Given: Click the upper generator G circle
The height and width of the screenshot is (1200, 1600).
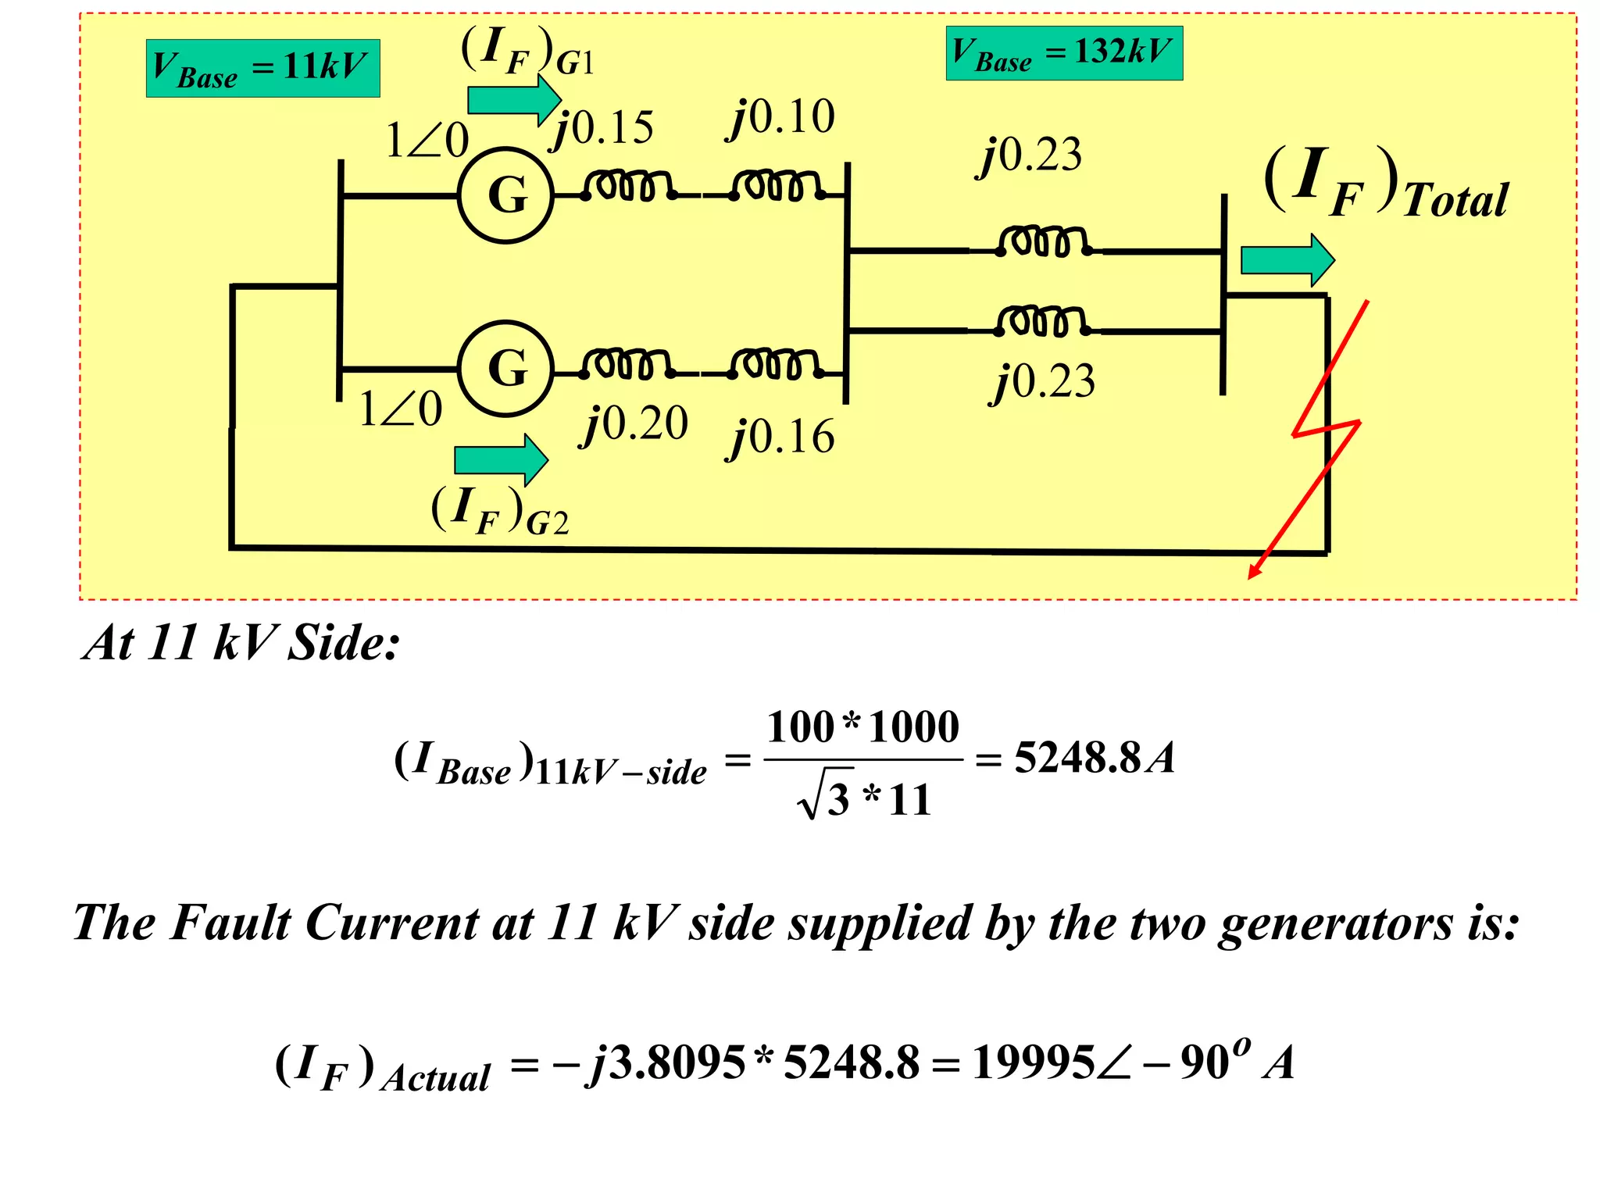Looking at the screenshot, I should [x=506, y=195].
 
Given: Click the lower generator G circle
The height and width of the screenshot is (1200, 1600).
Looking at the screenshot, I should [x=506, y=369].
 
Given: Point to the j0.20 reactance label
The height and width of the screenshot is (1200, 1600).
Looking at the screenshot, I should [x=634, y=424].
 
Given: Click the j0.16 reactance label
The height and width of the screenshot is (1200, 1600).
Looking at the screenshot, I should [x=781, y=437].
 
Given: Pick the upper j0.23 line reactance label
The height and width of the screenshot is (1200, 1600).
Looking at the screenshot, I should [x=1031, y=155].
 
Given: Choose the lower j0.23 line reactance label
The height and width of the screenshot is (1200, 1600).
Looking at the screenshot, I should [x=1044, y=382].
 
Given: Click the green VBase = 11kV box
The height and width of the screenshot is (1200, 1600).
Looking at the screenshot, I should [x=262, y=68].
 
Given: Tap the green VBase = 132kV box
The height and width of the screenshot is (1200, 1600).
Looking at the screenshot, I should [x=1064, y=53].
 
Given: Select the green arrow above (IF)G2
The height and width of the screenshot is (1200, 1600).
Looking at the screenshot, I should [x=501, y=460].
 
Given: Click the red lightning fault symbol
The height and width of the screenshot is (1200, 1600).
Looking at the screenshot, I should [x=1325, y=430].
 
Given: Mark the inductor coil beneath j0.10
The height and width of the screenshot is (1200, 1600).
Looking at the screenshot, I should [x=777, y=186].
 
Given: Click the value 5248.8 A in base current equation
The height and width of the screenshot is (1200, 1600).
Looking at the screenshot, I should [x=1094, y=758].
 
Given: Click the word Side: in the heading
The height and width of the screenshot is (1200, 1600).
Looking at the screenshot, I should [x=343, y=644].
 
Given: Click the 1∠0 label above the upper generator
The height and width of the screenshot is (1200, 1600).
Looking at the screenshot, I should [x=427, y=141].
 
